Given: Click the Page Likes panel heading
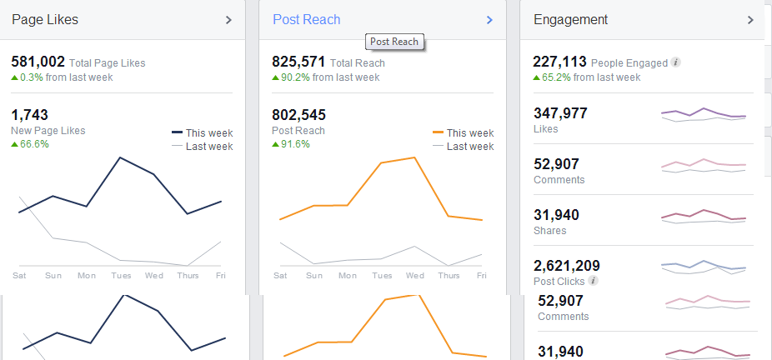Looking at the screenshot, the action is coord(45,20).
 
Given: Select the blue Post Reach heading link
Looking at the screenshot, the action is coord(306,20).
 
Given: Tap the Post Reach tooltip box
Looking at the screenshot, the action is coord(394,42).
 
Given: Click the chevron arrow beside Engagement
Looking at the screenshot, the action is coord(750,20).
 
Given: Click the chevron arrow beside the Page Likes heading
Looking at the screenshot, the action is coord(228,20).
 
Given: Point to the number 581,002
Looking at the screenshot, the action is coord(38,62).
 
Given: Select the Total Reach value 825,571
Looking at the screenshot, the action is coord(298,62).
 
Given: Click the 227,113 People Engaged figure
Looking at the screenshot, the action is coord(559,62).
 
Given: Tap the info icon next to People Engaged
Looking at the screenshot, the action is coord(676,62).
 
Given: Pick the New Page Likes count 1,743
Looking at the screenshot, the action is coord(29,115).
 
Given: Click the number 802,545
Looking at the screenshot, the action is coord(298,115).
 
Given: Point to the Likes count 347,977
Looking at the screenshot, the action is coord(560,113).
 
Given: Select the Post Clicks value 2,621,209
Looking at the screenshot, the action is coord(567,266).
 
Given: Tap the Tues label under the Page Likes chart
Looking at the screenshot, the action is coord(121,275).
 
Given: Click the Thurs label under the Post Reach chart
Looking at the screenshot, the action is coord(449,275).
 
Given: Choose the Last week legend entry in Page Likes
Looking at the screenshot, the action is coord(202,147).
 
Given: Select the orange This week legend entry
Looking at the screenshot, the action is coord(463,133).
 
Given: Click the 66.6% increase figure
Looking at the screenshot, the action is coord(30,144).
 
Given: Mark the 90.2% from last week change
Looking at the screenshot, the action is coord(325,77).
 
